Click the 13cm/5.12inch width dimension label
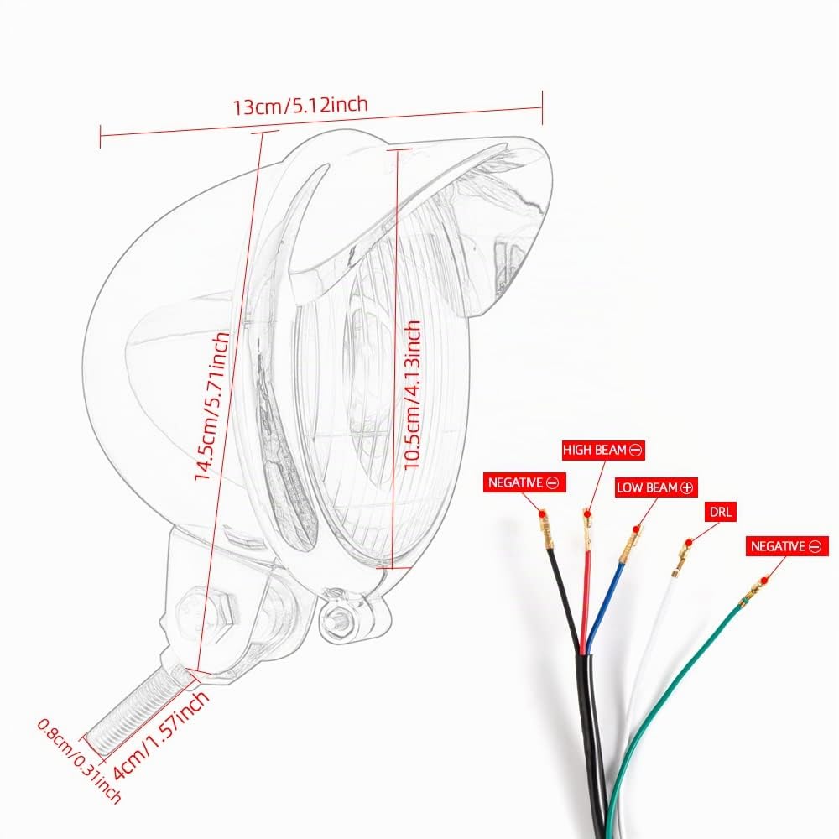300,104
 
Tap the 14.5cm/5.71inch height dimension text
211,406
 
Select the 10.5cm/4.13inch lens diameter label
411,395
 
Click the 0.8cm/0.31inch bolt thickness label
79,760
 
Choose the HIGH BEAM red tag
602,450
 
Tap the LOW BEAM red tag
655,487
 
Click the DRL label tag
721,512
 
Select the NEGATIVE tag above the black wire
524,482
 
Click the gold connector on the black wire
545,530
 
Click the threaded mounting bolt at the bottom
140,706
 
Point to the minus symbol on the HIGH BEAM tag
635,450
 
